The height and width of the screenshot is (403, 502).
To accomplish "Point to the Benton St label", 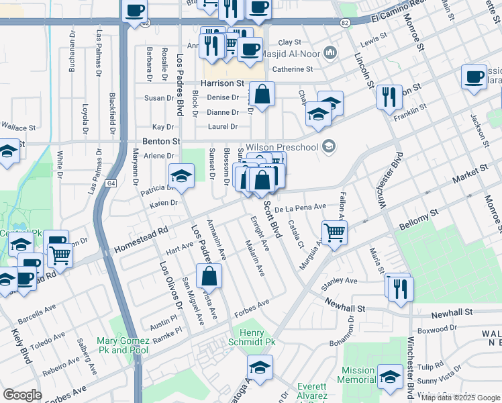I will pos(162,142).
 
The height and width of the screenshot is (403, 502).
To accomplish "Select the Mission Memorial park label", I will pos(358,375).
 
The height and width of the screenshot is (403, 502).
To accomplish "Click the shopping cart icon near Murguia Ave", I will pos(334,233).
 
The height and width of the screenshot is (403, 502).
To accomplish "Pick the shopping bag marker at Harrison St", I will pos(264,94).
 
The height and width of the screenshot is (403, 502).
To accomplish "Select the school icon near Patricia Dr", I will pos(181,176).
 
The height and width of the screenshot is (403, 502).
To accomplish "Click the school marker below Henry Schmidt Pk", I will pos(260,367).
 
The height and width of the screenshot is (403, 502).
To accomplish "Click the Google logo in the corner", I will pos(22,395).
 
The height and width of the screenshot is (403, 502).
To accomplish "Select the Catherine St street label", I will pos(292,69).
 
